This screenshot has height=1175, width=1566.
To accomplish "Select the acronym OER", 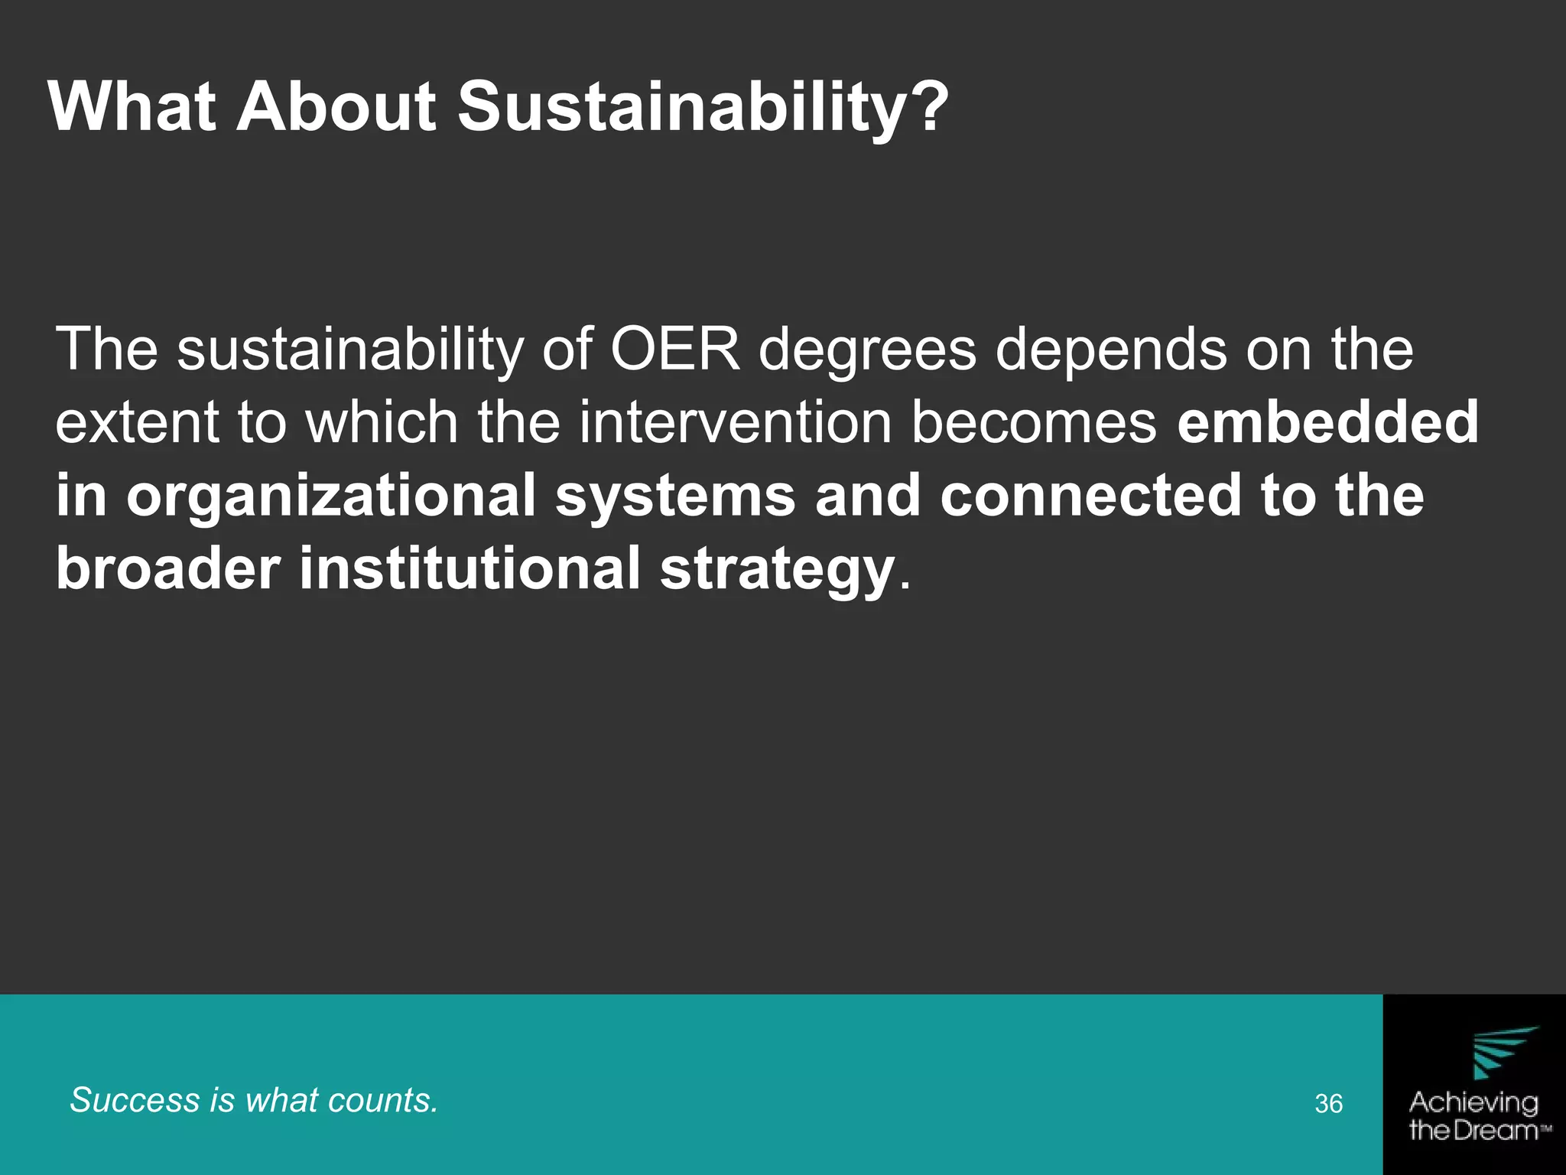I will (x=675, y=350).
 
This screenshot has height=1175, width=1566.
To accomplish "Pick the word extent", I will (x=137, y=423).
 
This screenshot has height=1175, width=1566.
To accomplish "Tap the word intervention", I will (x=735, y=423).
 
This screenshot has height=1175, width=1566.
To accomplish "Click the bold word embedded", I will (x=1327, y=423).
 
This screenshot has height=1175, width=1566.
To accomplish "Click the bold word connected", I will (x=1090, y=496).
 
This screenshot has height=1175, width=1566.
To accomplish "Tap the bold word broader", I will (x=167, y=568).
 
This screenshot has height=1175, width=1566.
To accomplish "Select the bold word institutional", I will (x=469, y=568).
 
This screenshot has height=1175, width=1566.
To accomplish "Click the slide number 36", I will (x=1329, y=1103).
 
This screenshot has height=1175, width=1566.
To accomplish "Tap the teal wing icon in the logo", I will (x=1502, y=1052).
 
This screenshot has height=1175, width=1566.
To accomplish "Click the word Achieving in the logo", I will (x=1473, y=1102).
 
